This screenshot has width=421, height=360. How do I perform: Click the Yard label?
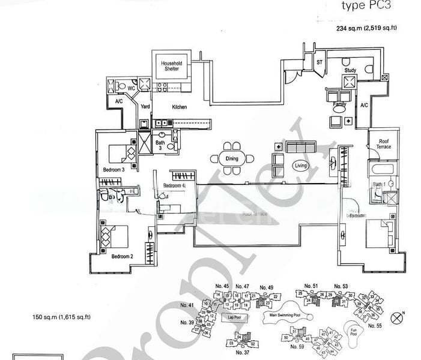tap(145, 107)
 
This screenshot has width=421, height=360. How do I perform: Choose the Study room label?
tap(350, 71)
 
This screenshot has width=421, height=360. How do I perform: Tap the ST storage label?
tap(320, 62)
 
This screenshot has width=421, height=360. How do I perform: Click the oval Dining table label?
tap(232, 159)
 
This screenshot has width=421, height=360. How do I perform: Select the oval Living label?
tap(301, 165)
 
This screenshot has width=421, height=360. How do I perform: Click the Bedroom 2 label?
tap(122, 256)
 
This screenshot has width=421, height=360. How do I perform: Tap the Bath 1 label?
tap(378, 184)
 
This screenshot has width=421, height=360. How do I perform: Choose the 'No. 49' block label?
tap(266, 287)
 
